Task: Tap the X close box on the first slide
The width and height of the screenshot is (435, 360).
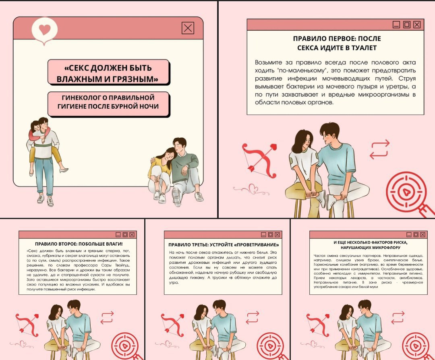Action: click(188, 28)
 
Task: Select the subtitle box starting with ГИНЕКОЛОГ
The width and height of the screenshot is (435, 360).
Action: click(108, 104)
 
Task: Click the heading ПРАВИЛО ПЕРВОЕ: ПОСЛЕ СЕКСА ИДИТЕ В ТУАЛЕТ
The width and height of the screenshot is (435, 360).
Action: click(337, 43)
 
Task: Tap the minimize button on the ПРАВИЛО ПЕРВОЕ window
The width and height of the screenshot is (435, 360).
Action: click(396, 25)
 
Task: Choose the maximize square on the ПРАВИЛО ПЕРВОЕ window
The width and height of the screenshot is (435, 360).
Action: click(407, 25)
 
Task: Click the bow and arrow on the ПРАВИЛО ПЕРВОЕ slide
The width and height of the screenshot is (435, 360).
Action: click(259, 160)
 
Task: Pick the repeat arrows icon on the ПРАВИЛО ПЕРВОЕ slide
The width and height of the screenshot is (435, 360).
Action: click(380, 149)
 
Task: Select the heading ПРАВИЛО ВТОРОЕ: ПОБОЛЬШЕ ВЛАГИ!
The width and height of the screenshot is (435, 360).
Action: click(79, 244)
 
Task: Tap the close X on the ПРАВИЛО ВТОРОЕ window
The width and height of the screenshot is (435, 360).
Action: click(132, 235)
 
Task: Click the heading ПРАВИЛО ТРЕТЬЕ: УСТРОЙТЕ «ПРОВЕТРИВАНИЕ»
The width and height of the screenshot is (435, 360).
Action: click(223, 245)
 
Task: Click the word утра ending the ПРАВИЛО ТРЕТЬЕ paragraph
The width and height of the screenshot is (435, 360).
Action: click(174, 283)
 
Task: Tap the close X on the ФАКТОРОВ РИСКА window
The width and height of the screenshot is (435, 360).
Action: click(423, 235)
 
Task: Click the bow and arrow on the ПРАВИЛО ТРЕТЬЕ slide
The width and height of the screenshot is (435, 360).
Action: click(172, 325)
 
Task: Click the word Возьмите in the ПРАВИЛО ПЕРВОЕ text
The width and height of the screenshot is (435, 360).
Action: click(268, 63)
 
